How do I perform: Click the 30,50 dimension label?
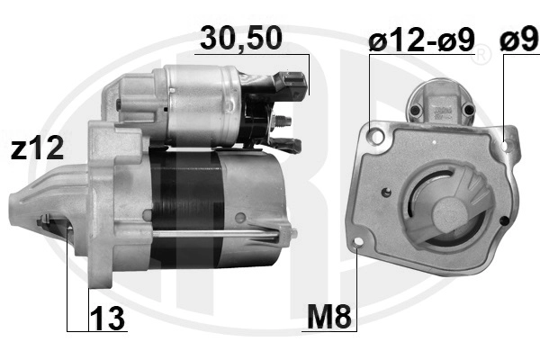[241, 38]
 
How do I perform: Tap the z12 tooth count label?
[37, 148]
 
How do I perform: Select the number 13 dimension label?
[107, 319]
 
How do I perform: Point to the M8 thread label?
[329, 317]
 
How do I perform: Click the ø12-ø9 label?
[421, 40]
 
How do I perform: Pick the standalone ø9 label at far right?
[519, 40]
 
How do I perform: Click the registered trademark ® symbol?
[481, 54]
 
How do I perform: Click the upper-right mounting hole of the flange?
[506, 147]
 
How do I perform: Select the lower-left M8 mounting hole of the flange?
[358, 242]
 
